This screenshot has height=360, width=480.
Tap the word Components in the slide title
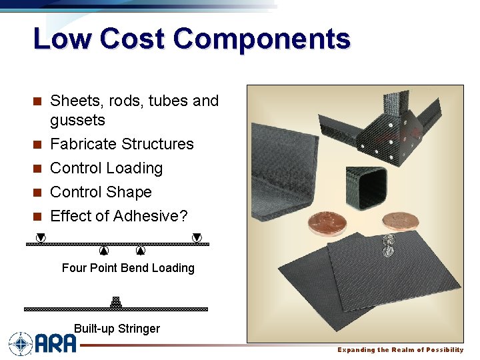coord(262,39)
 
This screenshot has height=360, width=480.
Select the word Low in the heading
coord(62,39)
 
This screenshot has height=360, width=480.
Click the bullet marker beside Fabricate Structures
coord(39,145)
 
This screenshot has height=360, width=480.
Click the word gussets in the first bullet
coord(77,120)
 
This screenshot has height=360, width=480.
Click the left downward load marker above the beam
coord(41,237)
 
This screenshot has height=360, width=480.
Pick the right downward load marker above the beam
coord(197,237)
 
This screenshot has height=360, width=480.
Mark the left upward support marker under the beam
coord(103,251)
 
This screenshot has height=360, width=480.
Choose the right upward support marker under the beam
coord(141,251)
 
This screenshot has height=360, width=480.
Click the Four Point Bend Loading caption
coord(128,268)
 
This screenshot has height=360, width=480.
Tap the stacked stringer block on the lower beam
coord(116,302)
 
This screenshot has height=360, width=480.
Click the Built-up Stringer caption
coord(117,328)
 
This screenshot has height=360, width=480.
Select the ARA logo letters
coord(56,344)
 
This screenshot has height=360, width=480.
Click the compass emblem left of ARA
coord(21,344)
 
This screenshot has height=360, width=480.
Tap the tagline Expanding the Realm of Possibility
coord(400,350)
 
